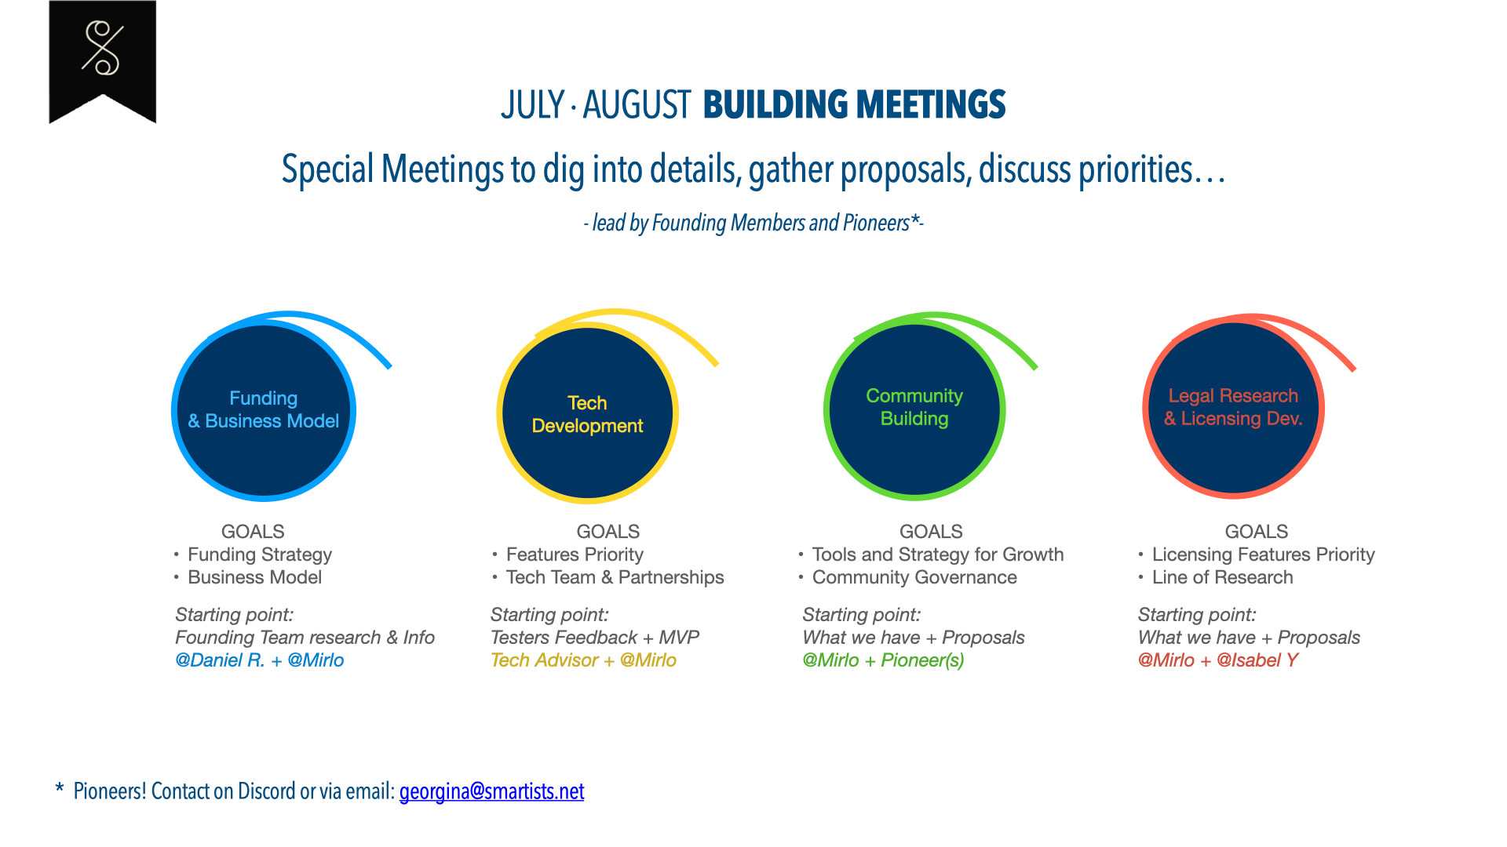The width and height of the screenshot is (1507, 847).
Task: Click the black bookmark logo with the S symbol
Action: [x=103, y=61]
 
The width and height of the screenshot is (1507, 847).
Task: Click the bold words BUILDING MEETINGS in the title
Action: [x=854, y=105]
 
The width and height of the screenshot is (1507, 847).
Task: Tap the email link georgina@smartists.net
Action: [x=491, y=791]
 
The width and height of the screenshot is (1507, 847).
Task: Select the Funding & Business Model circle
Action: [x=264, y=410]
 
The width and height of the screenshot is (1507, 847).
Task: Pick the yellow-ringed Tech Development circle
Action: [x=588, y=413]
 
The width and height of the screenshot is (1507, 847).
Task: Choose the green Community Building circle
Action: [x=914, y=409]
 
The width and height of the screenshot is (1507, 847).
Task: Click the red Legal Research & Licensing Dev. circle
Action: [x=1234, y=407]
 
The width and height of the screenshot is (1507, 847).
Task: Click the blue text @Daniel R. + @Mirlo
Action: [x=260, y=660]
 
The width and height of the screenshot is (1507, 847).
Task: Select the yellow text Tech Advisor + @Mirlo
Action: [x=583, y=660]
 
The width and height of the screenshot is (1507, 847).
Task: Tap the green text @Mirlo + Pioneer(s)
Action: [x=883, y=660]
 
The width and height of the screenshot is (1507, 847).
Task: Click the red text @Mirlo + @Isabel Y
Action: [x=1218, y=660]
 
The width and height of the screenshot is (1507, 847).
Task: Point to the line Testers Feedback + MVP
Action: [x=595, y=638]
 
